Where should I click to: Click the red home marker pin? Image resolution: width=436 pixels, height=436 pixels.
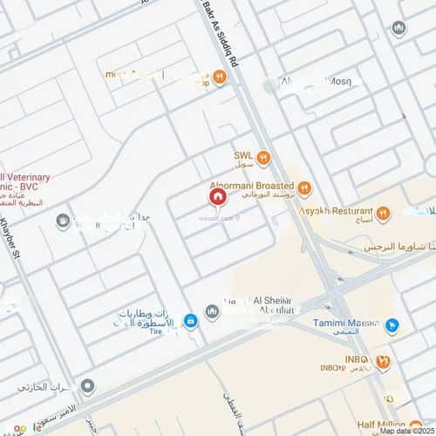point(216,198)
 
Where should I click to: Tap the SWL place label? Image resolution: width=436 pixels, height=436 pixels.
point(242,157)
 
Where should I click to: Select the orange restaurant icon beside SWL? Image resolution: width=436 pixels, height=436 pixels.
point(263,158)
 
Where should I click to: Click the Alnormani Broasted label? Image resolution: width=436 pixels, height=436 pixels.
point(250,187)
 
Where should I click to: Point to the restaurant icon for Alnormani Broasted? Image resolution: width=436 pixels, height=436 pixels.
point(303,187)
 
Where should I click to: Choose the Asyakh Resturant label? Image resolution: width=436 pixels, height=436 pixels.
point(336,211)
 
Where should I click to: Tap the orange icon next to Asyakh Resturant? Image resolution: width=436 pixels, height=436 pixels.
point(382,211)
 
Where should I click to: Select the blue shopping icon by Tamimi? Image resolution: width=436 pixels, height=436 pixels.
point(392,326)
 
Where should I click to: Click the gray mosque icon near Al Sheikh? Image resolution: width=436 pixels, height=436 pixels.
point(211,311)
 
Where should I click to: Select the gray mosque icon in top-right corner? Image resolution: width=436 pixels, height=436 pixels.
point(399,29)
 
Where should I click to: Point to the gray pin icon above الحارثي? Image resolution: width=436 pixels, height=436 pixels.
point(86,385)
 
